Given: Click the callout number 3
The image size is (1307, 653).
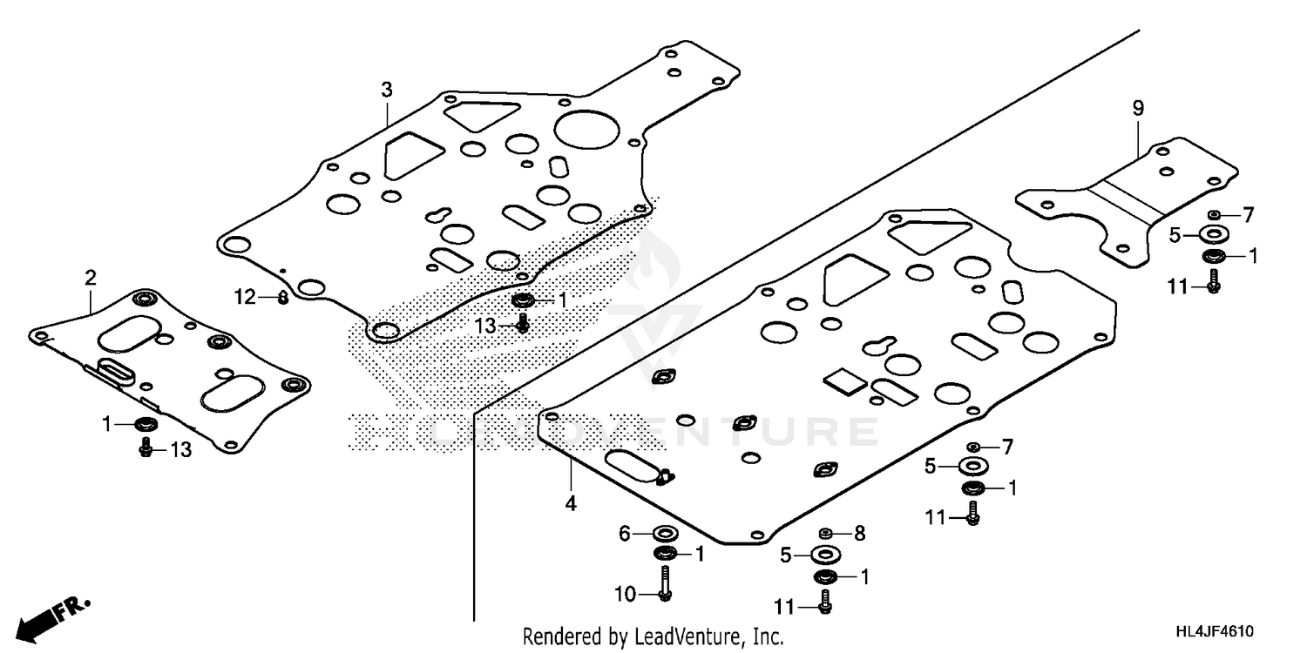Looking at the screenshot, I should (386, 90).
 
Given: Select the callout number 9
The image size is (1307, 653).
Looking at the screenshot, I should (1137, 108).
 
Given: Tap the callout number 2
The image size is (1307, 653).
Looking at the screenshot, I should (90, 278).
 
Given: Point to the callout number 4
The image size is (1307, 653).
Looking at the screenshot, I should (571, 503).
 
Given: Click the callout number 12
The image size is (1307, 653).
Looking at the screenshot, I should (244, 298).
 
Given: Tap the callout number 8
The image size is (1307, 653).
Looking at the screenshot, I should (860, 534).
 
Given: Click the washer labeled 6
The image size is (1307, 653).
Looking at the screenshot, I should (666, 534).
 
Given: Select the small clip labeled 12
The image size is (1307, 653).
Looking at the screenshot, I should (282, 298).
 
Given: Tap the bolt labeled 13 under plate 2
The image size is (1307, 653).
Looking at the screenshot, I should (145, 448).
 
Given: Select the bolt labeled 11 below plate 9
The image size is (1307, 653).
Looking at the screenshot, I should (1214, 280).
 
